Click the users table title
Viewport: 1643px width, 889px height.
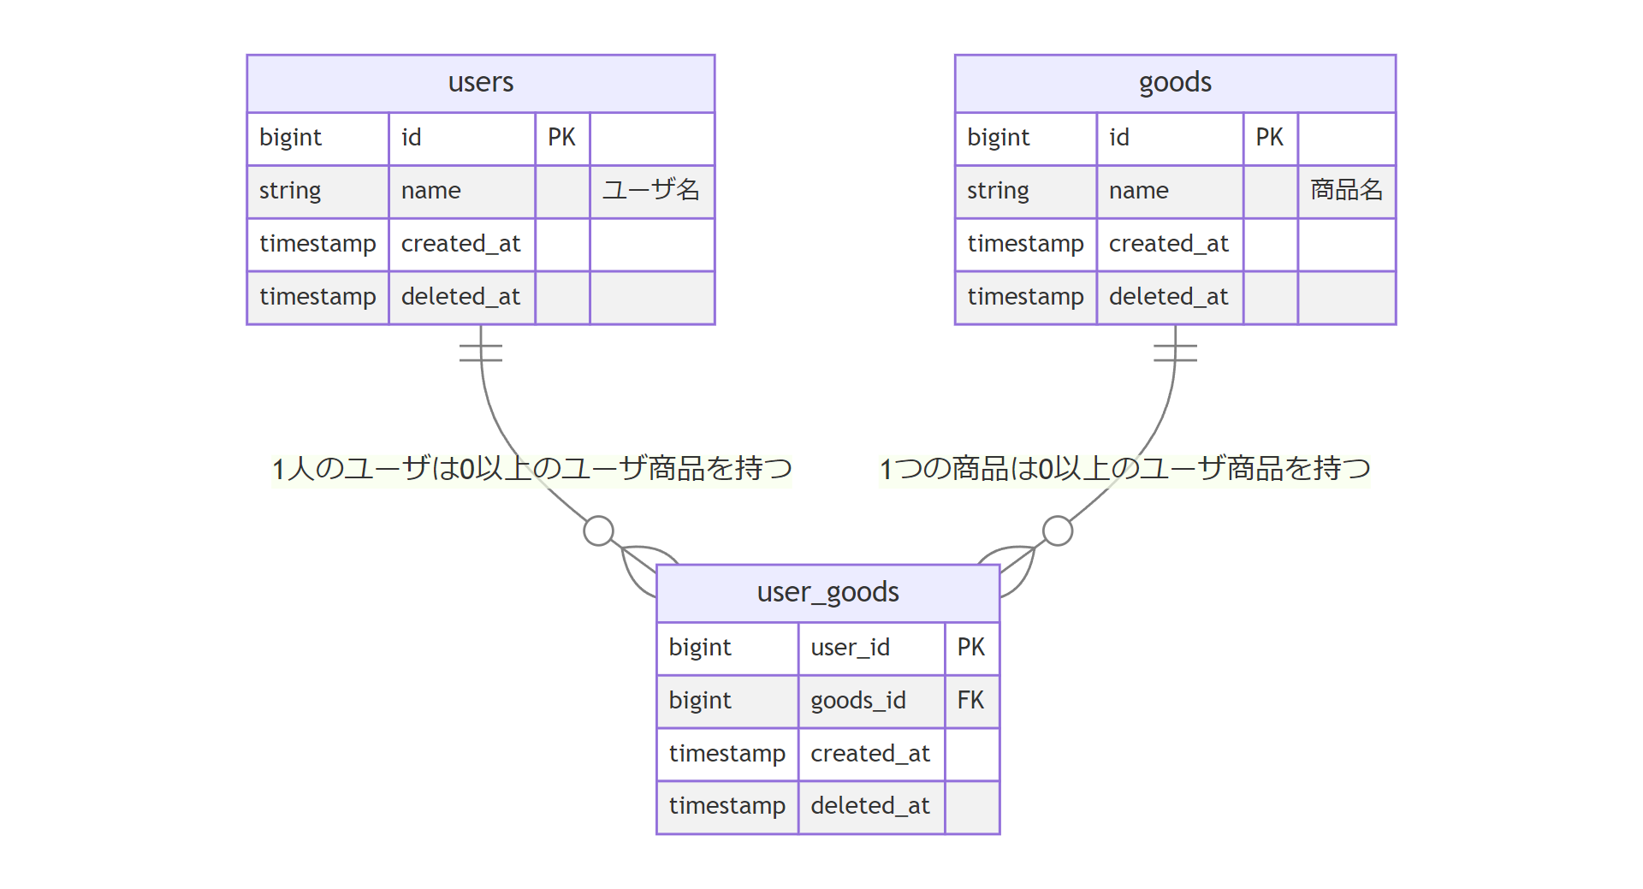[480, 83]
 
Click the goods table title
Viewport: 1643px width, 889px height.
[1174, 83]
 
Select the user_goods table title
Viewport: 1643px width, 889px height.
[827, 592]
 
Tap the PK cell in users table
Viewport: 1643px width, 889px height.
[561, 138]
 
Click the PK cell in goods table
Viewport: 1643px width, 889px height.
[1269, 138]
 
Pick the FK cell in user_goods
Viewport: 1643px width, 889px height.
[970, 701]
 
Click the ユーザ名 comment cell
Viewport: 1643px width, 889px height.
[651, 191]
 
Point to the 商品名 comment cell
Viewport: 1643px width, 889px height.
[1346, 191]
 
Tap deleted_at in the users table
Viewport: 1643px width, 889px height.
[460, 297]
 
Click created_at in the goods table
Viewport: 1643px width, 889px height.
[1168, 244]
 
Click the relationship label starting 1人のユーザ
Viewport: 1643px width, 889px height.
[531, 469]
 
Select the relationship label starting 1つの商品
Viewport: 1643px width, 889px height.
[1124, 469]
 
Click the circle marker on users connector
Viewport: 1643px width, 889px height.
[598, 530]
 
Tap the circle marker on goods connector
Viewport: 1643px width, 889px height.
[1058, 530]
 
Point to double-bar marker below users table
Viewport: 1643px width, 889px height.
[480, 353]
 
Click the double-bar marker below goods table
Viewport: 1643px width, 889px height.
[1174, 353]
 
